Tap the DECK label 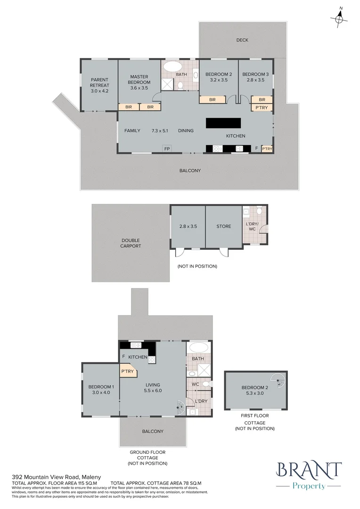point(242,40)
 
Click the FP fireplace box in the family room point(167,148)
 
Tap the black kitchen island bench point(223,123)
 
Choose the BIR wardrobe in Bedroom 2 point(213,99)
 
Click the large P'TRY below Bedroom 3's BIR point(262,107)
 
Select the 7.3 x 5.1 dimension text point(160,131)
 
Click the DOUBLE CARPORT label point(131,243)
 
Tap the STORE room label point(224,226)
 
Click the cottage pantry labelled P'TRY point(128,371)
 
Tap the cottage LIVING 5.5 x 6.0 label point(153,387)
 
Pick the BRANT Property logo point(308,476)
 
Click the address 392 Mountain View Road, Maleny point(57,477)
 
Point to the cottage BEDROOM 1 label point(101,390)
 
